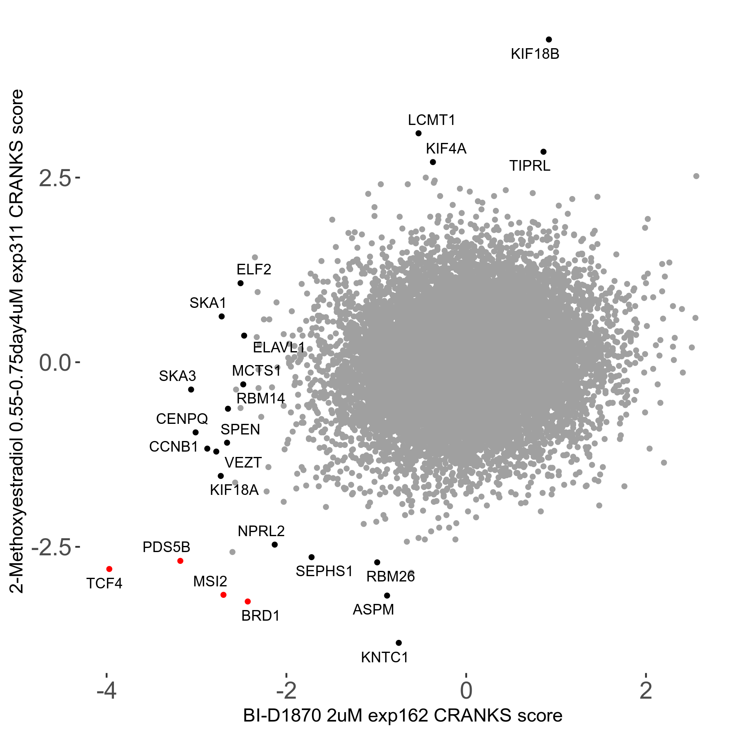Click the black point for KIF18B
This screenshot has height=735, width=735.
[x=549, y=40]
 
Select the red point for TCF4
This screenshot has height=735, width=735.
[x=109, y=569]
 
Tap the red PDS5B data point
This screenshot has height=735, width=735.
[x=180, y=561]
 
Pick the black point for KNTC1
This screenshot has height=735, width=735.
[x=399, y=643]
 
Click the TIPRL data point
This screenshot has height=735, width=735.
[x=543, y=152]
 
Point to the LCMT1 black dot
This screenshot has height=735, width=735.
[x=418, y=133]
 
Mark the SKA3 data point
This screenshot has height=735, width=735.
[x=191, y=390]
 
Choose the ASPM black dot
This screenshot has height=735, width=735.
[x=387, y=595]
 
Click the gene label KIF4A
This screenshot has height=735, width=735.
[x=446, y=149]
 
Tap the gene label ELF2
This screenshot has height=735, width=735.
[x=254, y=269]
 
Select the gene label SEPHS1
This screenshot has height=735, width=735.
[x=324, y=571]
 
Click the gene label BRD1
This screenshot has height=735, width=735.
[x=261, y=616]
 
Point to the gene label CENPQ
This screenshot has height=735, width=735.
[x=182, y=419]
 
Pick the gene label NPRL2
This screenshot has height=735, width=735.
[x=261, y=531]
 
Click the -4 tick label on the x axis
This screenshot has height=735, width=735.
[x=107, y=691]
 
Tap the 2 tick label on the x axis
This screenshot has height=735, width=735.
[x=646, y=691]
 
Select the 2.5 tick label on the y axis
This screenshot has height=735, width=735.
[x=55, y=179]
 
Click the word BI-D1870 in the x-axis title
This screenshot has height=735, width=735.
[x=282, y=716]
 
